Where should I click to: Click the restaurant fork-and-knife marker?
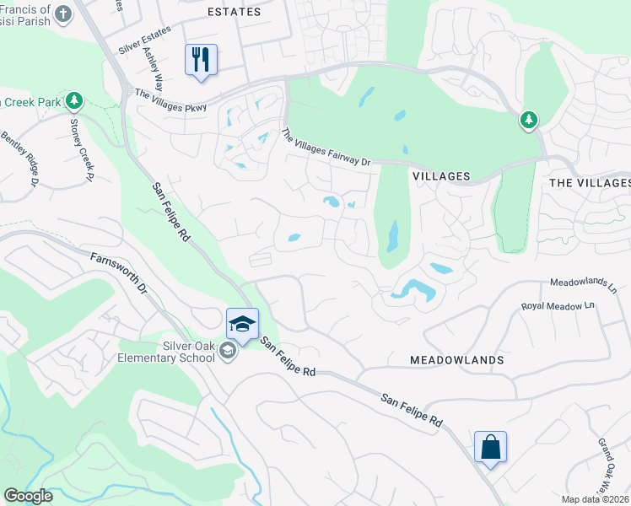[x=201, y=60]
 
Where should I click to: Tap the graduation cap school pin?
[x=242, y=324]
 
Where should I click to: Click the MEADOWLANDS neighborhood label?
[x=457, y=360]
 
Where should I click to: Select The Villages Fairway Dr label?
[x=326, y=147]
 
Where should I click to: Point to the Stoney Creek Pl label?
[x=81, y=148]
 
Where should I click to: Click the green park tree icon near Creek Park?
[x=74, y=102]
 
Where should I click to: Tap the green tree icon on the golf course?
[x=529, y=121]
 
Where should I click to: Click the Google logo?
[x=28, y=496]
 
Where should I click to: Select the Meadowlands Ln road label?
[x=583, y=284]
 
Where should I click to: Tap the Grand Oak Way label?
[x=609, y=460]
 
